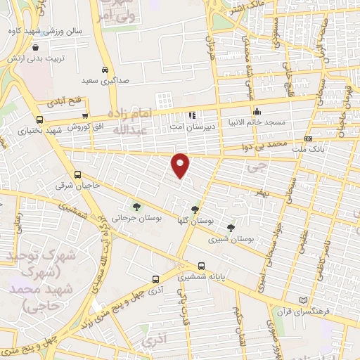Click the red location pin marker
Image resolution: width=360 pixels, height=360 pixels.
click(x=181, y=165)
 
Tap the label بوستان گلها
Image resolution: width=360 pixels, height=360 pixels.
click(x=195, y=221)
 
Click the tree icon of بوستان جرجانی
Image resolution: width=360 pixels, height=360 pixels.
click(x=136, y=207)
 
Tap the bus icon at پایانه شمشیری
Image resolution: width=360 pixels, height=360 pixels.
click(x=202, y=266)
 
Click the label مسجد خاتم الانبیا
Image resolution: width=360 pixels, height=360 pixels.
click(x=257, y=122)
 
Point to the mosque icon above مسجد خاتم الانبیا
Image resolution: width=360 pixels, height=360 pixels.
click(x=258, y=111)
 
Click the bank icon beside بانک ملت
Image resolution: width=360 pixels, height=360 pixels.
click(x=308, y=139)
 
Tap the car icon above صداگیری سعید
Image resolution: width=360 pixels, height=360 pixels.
click(x=104, y=71)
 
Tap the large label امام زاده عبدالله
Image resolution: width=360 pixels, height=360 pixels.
click(x=130, y=120)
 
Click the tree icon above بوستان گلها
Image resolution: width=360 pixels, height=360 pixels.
click(x=195, y=210)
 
